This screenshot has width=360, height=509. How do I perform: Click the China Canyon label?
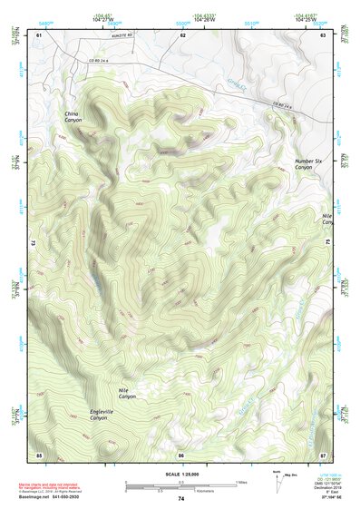coord(72,117)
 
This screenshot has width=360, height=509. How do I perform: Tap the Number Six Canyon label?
coord(308,164)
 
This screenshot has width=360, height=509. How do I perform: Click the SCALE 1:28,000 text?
coord(181,475)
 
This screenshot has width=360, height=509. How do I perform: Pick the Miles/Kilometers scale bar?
coord(181,486)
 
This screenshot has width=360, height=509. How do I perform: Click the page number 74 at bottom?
coord(181,499)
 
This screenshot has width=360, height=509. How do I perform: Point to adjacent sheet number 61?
coord(39,34)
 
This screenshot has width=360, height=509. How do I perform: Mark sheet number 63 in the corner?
coord(324,34)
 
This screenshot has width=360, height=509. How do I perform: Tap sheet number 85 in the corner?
coord(39,453)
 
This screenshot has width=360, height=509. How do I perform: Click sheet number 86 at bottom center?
coord(181,454)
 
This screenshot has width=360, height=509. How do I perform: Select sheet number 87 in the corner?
coord(324,453)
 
